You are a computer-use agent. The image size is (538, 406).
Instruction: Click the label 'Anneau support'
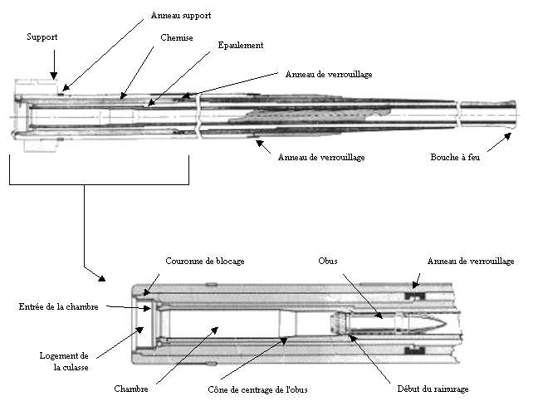(181, 16)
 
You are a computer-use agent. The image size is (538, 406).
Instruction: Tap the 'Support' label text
(42, 37)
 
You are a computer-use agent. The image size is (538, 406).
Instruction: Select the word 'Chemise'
(176, 37)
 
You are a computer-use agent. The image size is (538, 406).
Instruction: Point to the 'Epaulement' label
(241, 46)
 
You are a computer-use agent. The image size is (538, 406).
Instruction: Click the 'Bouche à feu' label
(455, 157)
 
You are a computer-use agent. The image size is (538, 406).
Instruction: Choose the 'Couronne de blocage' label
(205, 262)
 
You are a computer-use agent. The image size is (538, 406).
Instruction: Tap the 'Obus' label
(328, 262)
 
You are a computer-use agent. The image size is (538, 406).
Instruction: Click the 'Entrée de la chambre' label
(58, 307)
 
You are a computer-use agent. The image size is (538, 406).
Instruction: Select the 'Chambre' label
(131, 389)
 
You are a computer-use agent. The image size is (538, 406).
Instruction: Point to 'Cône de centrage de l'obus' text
(257, 389)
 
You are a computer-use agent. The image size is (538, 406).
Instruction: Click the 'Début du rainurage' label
(433, 389)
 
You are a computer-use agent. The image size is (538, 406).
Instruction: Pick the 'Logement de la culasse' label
(64, 362)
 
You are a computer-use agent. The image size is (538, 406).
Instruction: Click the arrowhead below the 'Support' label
(54, 76)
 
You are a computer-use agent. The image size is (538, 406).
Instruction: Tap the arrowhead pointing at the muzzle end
(507, 136)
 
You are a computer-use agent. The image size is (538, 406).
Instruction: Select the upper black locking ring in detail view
(415, 295)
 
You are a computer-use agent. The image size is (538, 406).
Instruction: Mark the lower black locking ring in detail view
(415, 350)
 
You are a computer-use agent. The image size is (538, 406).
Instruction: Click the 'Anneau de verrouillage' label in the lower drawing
(471, 262)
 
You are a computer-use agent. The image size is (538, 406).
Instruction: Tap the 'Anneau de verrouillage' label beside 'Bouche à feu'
(321, 158)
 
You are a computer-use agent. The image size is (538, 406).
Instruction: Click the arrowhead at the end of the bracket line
(101, 278)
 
